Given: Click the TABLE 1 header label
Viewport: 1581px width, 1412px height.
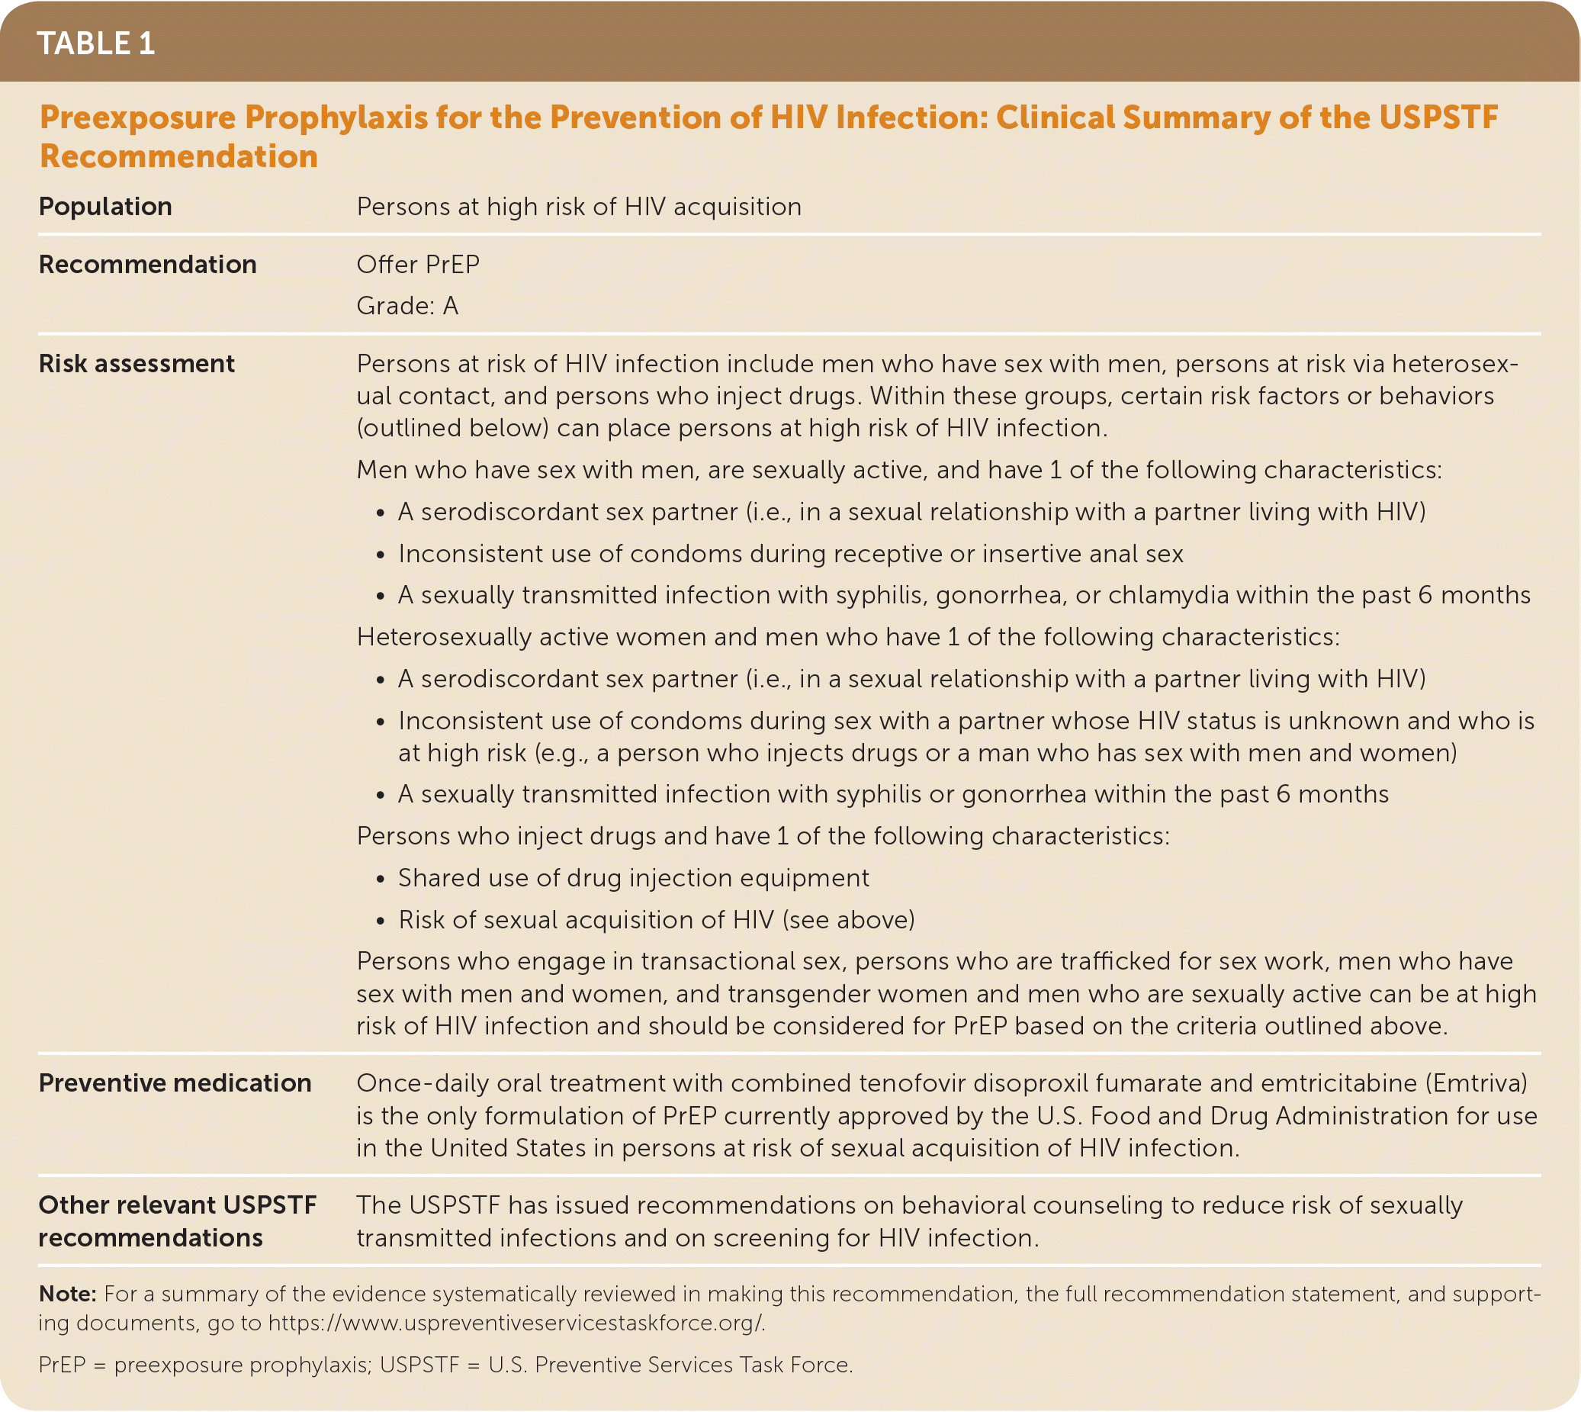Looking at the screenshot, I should (x=95, y=43).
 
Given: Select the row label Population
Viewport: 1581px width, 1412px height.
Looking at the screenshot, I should (x=105, y=207).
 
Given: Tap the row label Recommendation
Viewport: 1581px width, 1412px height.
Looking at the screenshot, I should (x=147, y=265).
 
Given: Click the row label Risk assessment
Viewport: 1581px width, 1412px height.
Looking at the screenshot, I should (x=137, y=364).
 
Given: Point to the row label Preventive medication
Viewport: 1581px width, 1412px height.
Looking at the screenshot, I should (x=175, y=1083).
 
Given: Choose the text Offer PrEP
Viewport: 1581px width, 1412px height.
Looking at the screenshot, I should (x=417, y=265).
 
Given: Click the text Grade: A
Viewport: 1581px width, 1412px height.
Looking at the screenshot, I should (x=407, y=306).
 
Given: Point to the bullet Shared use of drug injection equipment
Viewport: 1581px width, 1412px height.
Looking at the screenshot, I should (x=633, y=878).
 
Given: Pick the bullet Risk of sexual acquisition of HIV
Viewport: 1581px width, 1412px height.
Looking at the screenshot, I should (x=657, y=920).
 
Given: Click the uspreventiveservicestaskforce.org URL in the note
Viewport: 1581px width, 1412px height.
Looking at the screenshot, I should (x=516, y=1323).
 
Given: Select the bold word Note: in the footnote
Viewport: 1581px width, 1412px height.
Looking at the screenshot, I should (x=67, y=1294).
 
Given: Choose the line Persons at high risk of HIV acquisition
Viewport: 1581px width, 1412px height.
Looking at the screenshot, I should (x=579, y=207).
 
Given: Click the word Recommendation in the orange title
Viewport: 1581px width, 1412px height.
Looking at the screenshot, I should (x=178, y=156).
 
